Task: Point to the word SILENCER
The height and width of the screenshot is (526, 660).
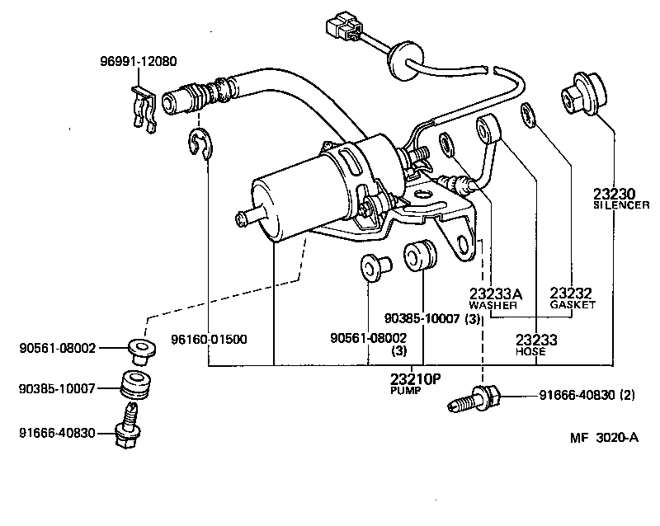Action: click(621, 204)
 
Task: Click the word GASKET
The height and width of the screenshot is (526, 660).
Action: click(573, 305)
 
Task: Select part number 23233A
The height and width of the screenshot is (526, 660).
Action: click(496, 294)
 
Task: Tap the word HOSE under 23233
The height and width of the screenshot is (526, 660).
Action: click(530, 351)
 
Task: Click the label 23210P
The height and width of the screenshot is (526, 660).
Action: click(416, 379)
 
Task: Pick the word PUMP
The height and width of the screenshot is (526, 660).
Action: click(405, 391)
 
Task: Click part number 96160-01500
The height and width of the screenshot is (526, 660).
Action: click(208, 339)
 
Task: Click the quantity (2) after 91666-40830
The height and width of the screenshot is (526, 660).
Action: click(626, 395)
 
